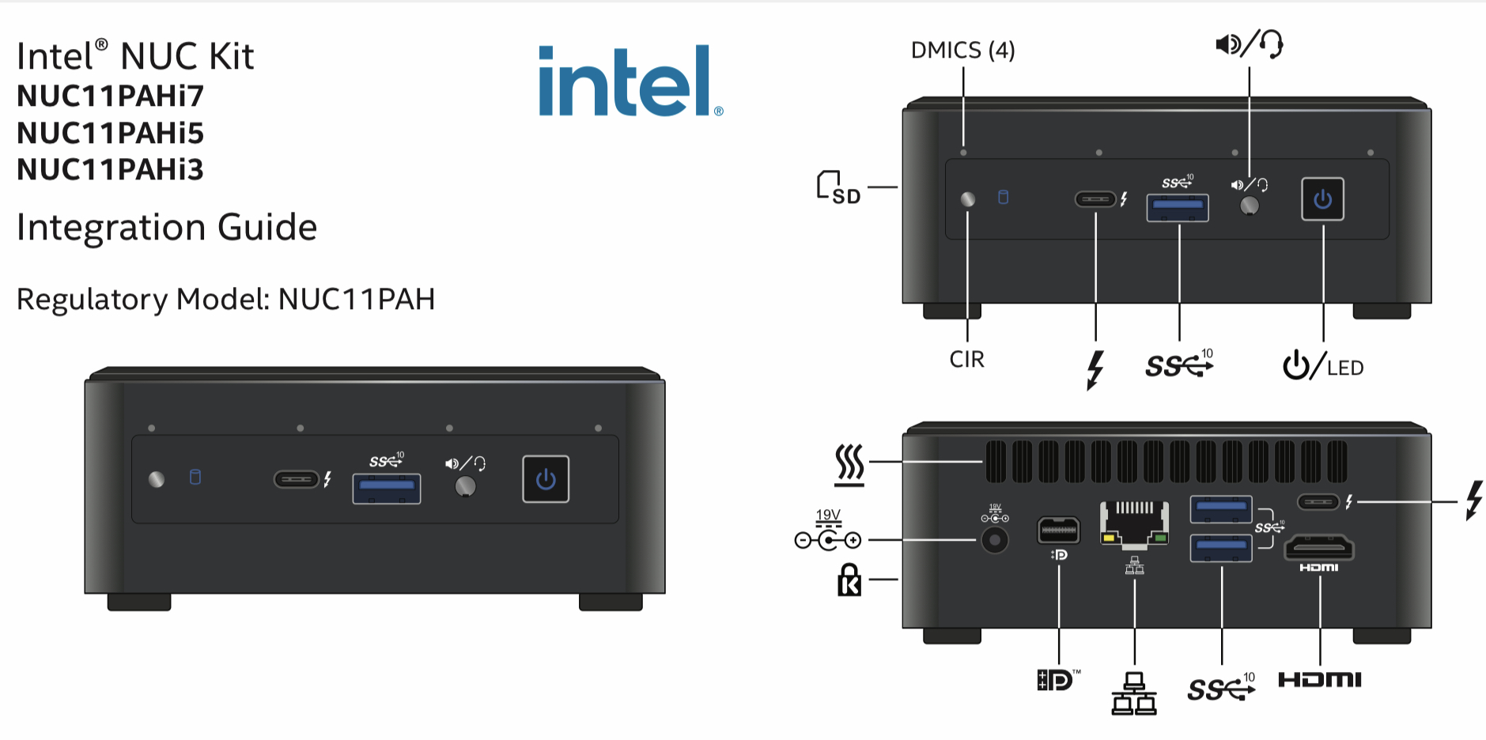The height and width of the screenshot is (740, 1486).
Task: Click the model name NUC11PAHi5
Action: coord(111,133)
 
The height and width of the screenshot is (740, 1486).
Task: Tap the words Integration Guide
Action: coord(167,228)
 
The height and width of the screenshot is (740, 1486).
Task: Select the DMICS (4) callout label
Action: coord(962,51)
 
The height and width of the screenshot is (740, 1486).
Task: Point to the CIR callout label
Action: coord(966,360)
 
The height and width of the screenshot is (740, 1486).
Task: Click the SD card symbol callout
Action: coord(838,188)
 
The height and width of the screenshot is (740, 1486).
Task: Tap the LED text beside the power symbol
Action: coord(1344,368)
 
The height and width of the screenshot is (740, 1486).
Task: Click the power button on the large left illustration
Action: coord(546,479)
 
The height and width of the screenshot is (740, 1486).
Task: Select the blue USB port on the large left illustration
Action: coord(386,488)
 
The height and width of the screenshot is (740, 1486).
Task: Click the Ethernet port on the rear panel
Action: coord(1134,524)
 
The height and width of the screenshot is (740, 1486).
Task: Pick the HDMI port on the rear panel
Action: coord(1318,547)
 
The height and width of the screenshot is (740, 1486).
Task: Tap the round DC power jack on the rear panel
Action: coord(994,540)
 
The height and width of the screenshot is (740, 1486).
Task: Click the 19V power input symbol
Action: coord(828,531)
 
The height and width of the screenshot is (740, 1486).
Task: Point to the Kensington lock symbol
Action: coord(849,580)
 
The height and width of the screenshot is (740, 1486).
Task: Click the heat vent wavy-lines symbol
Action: coord(849,463)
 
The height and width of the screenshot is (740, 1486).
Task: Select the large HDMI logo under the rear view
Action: coord(1319,680)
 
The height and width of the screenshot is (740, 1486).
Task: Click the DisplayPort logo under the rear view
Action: coord(1057,679)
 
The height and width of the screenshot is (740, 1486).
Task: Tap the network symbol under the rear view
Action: coord(1134,693)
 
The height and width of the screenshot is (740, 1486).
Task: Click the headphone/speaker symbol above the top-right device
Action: coord(1250,44)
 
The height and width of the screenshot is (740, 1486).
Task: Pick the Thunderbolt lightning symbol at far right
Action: coord(1473,500)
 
